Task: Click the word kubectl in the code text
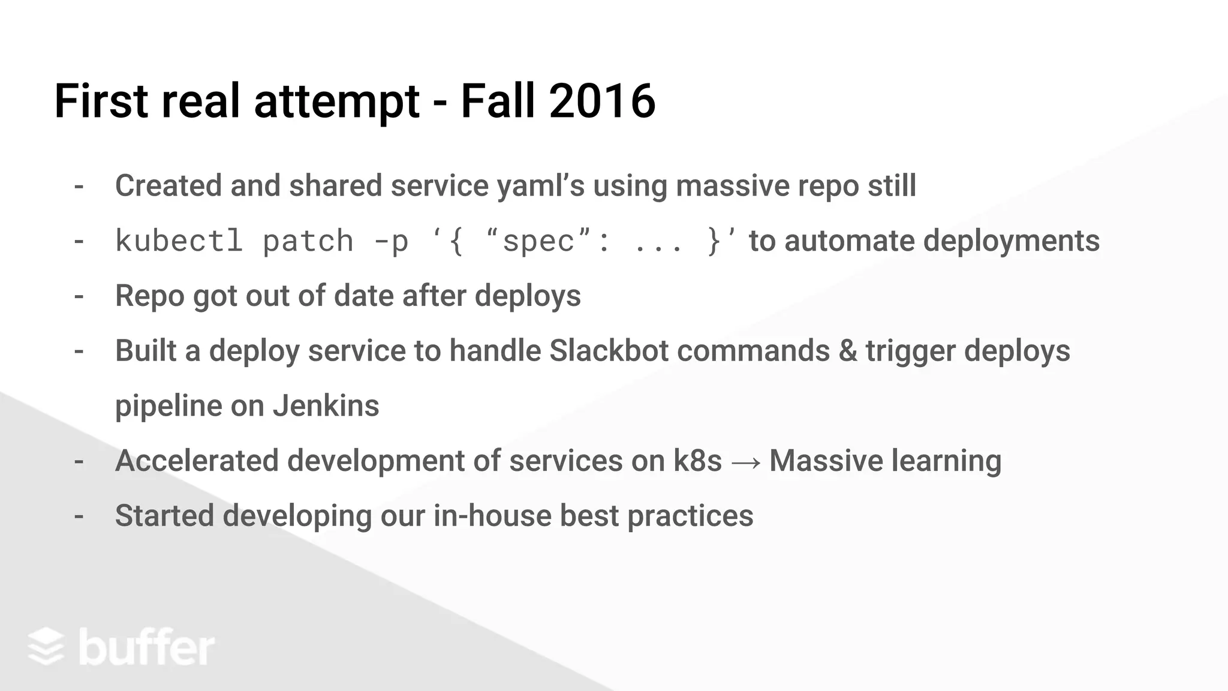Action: pos(179,241)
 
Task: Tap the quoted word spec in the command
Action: pos(538,241)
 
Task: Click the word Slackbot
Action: pos(609,351)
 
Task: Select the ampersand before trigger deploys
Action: pos(848,351)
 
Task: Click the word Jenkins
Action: pos(326,406)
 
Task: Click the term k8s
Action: pos(697,461)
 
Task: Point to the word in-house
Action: pos(492,516)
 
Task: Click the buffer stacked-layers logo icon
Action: pos(46,647)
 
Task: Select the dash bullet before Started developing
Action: pos(79,516)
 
